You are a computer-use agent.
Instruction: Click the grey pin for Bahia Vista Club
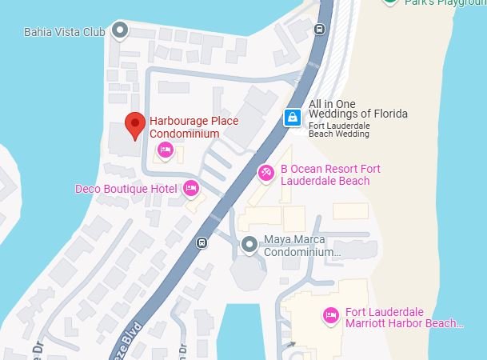coord(121,31)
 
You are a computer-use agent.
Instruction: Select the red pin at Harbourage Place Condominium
coord(135,124)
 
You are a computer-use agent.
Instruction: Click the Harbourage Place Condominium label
coord(194,126)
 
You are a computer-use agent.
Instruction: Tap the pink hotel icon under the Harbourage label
coord(166,149)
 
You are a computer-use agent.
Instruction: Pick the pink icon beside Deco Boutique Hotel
coord(190,188)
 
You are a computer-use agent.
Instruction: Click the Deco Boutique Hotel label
coord(126,189)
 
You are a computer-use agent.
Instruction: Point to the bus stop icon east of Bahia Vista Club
coord(319,30)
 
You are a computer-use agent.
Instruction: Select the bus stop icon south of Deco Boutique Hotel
coord(201,242)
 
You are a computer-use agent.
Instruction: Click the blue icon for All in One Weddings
coord(293,118)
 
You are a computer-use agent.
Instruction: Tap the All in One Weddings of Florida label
coord(357,108)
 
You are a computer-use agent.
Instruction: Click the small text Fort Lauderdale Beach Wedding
coord(339,129)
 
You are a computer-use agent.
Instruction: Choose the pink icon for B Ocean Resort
coord(266,172)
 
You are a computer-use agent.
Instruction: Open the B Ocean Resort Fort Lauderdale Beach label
coord(329,174)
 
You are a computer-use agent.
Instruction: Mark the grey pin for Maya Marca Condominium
coord(249,244)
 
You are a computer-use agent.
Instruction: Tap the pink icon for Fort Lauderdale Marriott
coord(329,316)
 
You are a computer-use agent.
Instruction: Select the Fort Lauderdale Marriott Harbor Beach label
coord(404,318)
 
